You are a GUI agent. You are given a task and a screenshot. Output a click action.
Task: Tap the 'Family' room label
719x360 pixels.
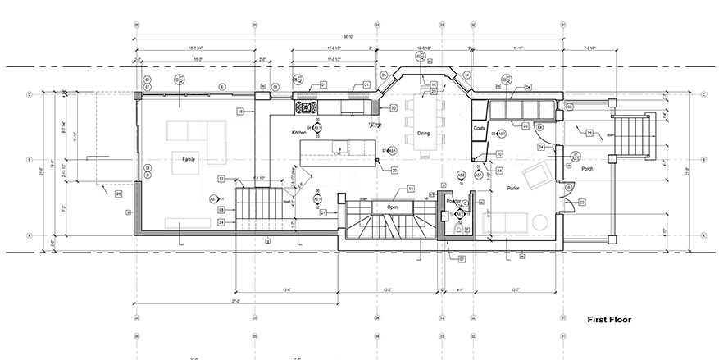189,160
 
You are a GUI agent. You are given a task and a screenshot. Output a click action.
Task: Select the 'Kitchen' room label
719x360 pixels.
298,132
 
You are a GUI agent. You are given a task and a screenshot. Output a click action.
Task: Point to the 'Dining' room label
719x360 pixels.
424,133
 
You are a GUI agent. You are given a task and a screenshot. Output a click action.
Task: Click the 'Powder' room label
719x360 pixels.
454,199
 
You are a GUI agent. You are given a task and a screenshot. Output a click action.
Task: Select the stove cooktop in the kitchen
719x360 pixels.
307,106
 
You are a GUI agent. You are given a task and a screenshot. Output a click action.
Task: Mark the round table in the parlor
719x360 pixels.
539,221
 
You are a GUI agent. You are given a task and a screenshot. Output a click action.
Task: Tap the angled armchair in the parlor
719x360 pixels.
538,174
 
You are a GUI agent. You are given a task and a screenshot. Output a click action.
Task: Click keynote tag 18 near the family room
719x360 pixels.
240,110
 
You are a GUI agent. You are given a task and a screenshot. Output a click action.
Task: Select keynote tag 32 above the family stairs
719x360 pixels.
221,178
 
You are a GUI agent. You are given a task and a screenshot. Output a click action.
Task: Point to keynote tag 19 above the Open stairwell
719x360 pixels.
411,189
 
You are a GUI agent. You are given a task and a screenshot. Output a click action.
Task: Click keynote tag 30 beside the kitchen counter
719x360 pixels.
394,107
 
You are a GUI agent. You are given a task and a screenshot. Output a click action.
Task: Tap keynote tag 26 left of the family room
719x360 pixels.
118,194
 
